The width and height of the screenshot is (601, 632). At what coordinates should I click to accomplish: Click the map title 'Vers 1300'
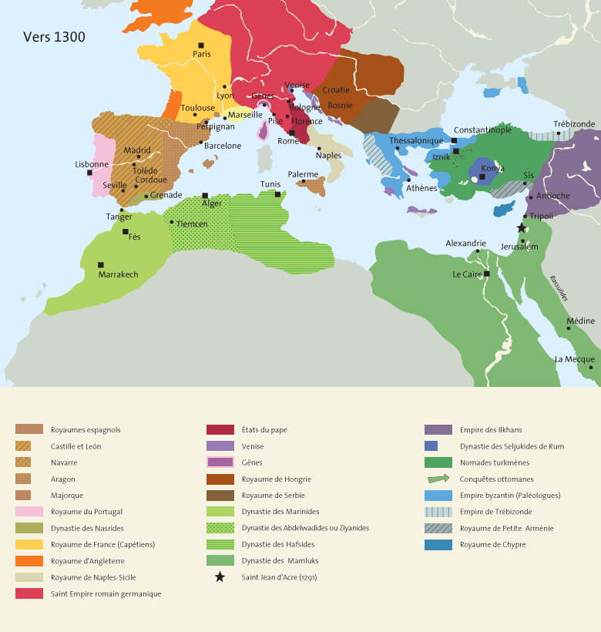[54, 38]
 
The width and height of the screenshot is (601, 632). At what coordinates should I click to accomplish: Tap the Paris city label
[202, 54]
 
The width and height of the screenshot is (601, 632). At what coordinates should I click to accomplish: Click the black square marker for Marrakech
[101, 264]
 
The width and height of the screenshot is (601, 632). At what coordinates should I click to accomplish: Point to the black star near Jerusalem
[522, 228]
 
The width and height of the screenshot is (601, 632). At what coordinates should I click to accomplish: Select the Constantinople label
[482, 130]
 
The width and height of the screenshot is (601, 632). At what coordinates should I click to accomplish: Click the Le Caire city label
[468, 274]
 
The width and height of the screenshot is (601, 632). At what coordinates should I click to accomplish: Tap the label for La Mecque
[574, 359]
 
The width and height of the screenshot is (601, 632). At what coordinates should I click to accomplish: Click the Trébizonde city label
[574, 124]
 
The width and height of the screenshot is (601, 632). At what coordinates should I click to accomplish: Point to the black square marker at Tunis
[278, 194]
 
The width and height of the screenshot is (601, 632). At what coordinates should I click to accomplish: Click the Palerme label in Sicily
[303, 174]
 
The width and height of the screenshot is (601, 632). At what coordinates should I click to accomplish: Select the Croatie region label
[336, 89]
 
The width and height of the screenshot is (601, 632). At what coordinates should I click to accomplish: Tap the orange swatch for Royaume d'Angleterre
[29, 560]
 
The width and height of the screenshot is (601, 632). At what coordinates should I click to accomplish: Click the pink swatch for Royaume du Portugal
[29, 511]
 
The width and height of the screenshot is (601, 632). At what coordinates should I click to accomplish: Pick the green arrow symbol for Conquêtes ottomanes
[438, 479]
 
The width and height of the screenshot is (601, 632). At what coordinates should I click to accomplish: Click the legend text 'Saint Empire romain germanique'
[106, 593]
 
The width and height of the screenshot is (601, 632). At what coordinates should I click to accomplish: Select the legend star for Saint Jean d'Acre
[220, 577]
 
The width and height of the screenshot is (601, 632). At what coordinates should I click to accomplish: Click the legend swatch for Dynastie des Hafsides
[220, 544]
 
